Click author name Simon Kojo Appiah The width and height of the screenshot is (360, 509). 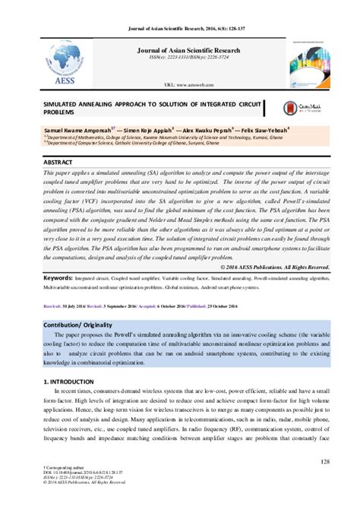point(150,131)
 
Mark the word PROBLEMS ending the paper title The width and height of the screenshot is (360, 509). point(62,110)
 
